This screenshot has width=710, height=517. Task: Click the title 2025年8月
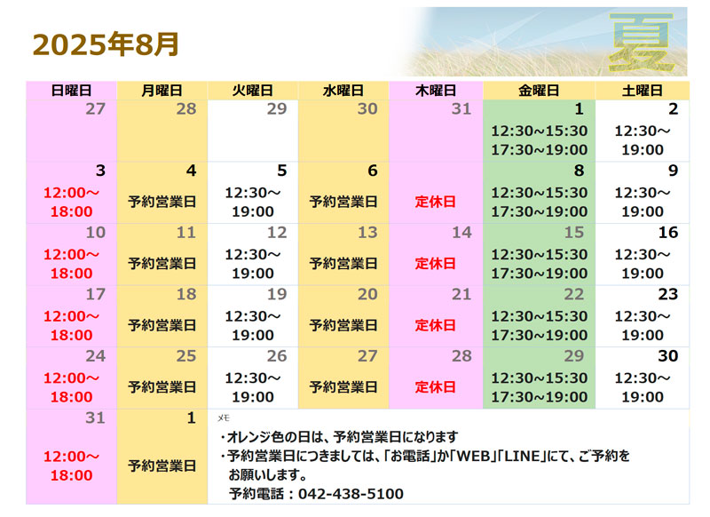(x=106, y=44)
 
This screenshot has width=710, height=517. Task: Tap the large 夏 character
(x=641, y=43)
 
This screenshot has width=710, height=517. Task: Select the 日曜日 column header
(x=72, y=91)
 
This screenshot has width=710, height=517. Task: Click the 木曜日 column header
(x=436, y=91)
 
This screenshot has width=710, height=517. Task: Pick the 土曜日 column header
(x=642, y=91)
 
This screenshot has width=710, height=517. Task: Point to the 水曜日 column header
(x=343, y=91)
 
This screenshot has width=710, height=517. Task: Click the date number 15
(x=573, y=233)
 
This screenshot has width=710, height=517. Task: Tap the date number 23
(x=668, y=294)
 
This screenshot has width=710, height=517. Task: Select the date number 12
(x=277, y=233)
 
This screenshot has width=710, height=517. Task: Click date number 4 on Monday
(x=191, y=171)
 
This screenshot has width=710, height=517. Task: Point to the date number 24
(x=96, y=355)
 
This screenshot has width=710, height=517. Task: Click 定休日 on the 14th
(x=435, y=263)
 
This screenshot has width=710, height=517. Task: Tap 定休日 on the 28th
(x=435, y=387)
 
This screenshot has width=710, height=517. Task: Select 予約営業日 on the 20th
(x=343, y=325)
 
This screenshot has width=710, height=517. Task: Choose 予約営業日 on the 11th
(x=162, y=263)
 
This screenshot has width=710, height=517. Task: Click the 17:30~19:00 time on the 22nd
(x=540, y=335)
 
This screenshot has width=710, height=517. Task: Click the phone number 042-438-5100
(x=351, y=493)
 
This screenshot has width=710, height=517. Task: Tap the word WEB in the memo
(x=474, y=456)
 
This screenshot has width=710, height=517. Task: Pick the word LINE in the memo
(x=522, y=456)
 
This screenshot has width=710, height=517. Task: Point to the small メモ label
(x=224, y=418)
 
